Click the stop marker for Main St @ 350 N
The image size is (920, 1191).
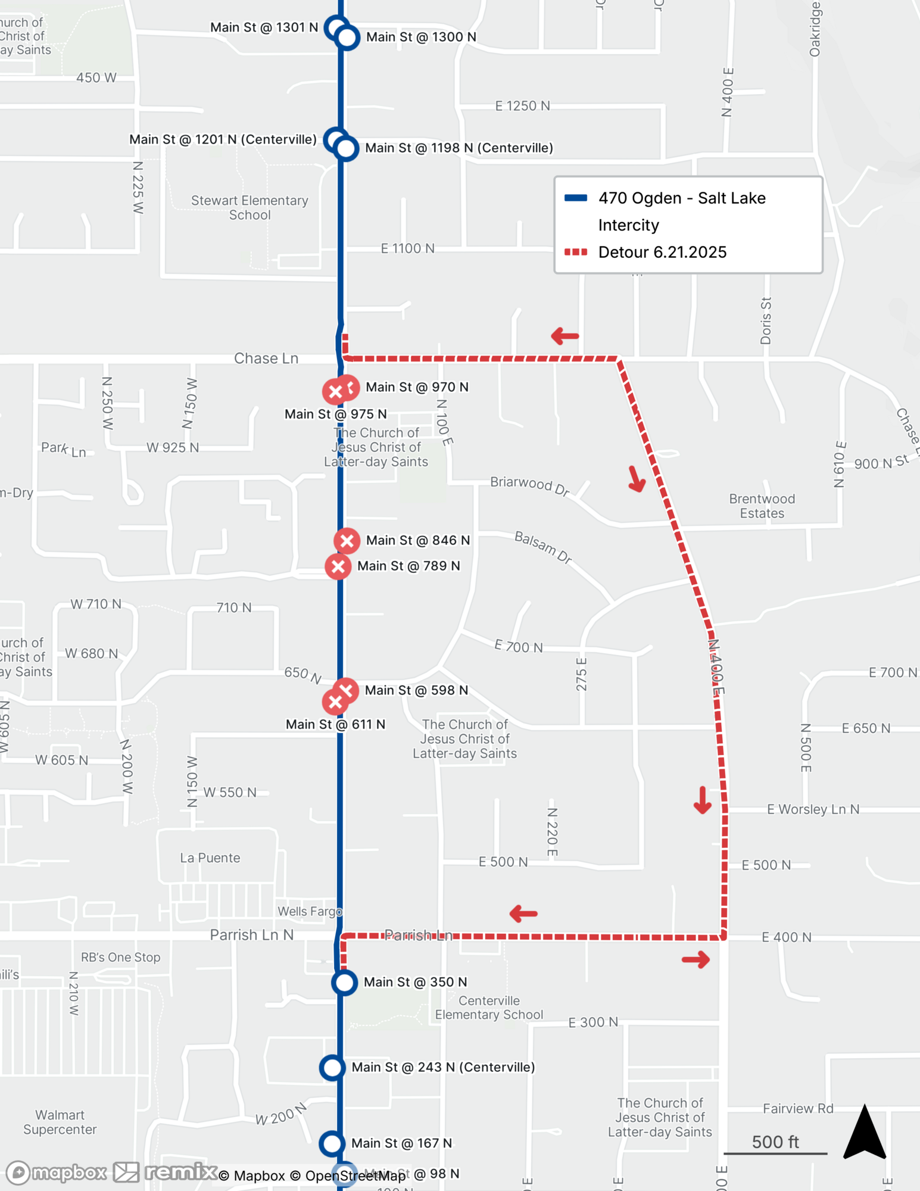point(344,982)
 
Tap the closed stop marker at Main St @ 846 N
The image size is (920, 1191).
point(347,541)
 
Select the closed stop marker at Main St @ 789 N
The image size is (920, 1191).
point(338,566)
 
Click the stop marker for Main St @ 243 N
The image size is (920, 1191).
point(332,1068)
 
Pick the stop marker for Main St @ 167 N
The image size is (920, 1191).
point(332,1143)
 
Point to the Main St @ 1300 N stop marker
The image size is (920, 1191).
point(347,38)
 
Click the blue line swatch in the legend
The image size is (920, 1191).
point(576,198)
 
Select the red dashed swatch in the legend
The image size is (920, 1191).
point(576,252)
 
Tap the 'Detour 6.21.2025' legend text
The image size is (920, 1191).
point(662,252)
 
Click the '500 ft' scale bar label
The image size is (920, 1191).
point(775,1142)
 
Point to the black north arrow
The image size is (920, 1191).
point(865,1133)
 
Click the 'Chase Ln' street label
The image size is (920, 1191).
point(266,358)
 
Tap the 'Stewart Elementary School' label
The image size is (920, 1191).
point(250,208)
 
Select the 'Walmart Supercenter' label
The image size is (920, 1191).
point(60,1122)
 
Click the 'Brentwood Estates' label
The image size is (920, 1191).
point(762,506)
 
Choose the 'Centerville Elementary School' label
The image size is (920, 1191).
point(489,1008)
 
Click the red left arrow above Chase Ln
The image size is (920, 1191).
point(565,336)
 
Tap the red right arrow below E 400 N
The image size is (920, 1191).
point(696,959)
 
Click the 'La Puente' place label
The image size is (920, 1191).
point(210,858)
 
